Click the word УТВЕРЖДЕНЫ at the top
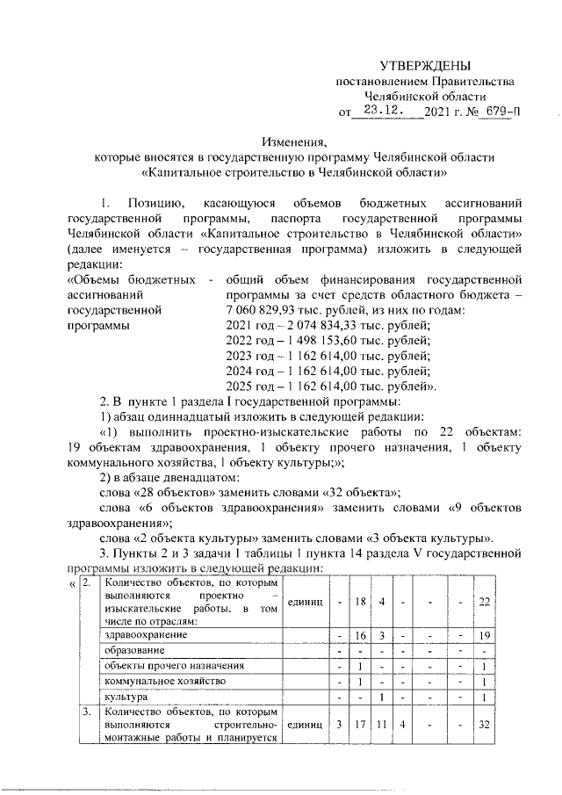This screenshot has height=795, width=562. [x=424, y=66]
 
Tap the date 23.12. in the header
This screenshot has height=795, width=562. [x=383, y=111]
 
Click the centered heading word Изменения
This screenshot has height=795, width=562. [x=295, y=141]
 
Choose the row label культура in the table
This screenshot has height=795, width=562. [x=128, y=697]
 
